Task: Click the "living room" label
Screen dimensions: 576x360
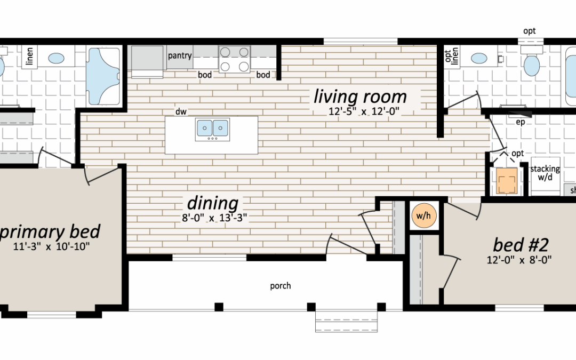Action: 360,97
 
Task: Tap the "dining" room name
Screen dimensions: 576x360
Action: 213,203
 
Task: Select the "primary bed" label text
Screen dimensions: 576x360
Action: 50,232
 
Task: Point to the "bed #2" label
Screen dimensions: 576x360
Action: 521,245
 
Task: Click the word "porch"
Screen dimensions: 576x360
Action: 281,286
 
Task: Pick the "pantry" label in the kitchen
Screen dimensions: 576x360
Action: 180,55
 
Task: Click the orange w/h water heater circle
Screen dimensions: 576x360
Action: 424,215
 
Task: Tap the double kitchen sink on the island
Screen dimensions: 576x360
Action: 212,129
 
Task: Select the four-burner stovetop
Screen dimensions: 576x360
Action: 234,59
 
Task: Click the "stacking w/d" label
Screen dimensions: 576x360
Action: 545,173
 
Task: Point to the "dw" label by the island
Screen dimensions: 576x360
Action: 181,111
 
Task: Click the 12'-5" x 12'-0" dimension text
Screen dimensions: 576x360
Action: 363,111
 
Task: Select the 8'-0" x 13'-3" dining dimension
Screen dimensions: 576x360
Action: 214,218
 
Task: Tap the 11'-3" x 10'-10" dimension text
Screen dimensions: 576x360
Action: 51,246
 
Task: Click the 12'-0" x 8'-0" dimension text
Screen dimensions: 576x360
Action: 519,260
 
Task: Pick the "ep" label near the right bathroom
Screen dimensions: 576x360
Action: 520,122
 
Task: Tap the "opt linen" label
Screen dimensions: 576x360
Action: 451,56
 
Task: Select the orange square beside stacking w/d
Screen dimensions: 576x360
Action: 507,181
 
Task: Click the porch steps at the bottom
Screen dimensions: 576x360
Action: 347,322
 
